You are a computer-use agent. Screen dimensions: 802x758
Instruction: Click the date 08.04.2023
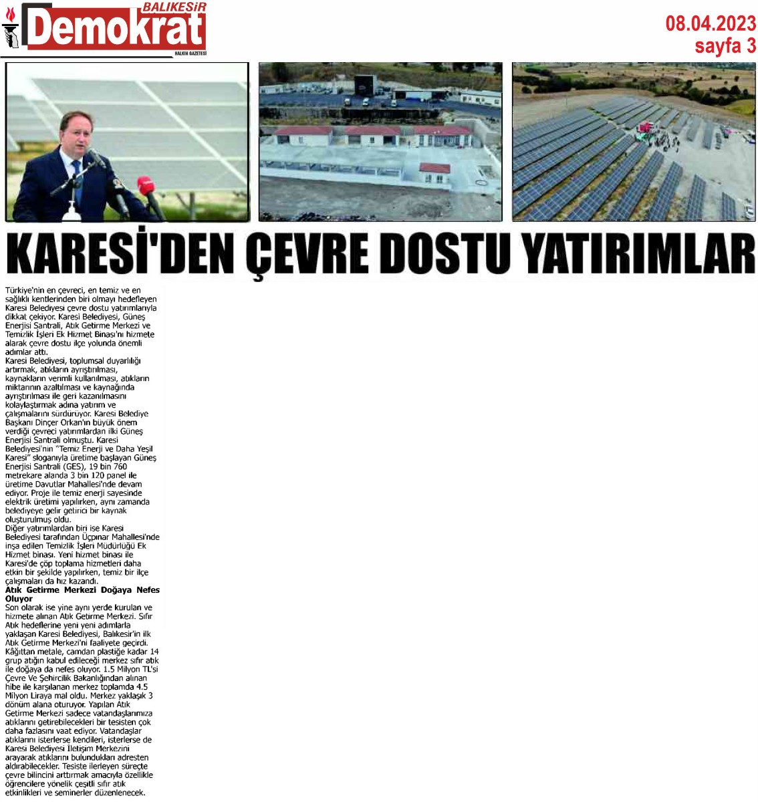(x=710, y=24)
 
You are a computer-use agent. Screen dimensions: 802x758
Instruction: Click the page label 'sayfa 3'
(x=725, y=45)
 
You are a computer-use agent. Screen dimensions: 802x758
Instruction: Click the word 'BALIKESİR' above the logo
(x=175, y=7)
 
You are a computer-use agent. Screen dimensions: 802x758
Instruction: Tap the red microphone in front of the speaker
(x=144, y=184)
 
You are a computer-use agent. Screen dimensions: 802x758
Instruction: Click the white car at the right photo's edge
(x=749, y=211)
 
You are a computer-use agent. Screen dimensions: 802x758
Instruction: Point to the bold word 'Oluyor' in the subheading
(x=19, y=599)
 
